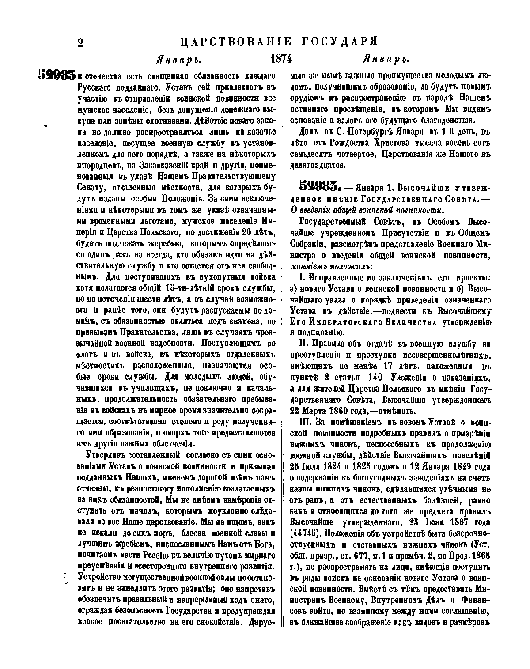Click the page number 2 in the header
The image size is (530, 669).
pos(80,43)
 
